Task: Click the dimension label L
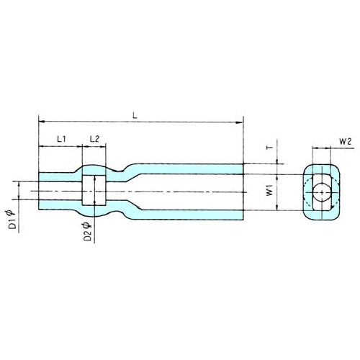coord(135,116)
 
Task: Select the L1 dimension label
coord(61,139)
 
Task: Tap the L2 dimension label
coord(94,139)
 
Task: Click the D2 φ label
coord(87,232)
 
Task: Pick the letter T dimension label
coord(270,147)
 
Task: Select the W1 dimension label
coord(270,190)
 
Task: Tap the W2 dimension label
coord(346,142)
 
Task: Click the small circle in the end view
coord(322,192)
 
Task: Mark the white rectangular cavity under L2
coord(94,190)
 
